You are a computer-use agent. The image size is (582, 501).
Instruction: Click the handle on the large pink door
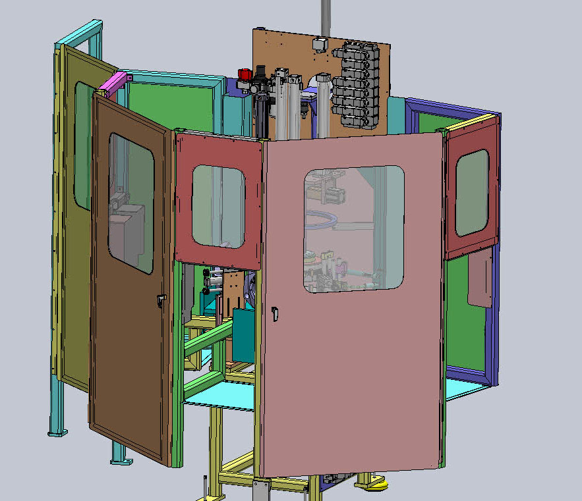click(x=274, y=313)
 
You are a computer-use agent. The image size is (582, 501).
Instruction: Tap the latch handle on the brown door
click(x=160, y=302)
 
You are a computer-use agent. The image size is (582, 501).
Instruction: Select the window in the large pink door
click(x=354, y=228)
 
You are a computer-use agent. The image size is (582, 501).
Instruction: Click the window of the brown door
click(x=131, y=203)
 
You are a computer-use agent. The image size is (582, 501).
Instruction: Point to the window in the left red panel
click(x=218, y=205)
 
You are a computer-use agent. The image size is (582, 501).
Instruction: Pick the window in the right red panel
click(x=472, y=192)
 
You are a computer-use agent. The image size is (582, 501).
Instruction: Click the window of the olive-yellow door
click(x=82, y=145)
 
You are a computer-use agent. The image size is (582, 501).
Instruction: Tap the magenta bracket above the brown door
click(x=112, y=84)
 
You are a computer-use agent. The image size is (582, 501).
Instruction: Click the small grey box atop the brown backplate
click(x=320, y=44)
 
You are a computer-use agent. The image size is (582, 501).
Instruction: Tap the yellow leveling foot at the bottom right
click(x=375, y=485)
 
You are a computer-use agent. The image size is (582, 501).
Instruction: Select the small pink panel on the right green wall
click(x=479, y=277)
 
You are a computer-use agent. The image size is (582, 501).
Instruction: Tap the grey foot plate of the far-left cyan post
click(x=58, y=432)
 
